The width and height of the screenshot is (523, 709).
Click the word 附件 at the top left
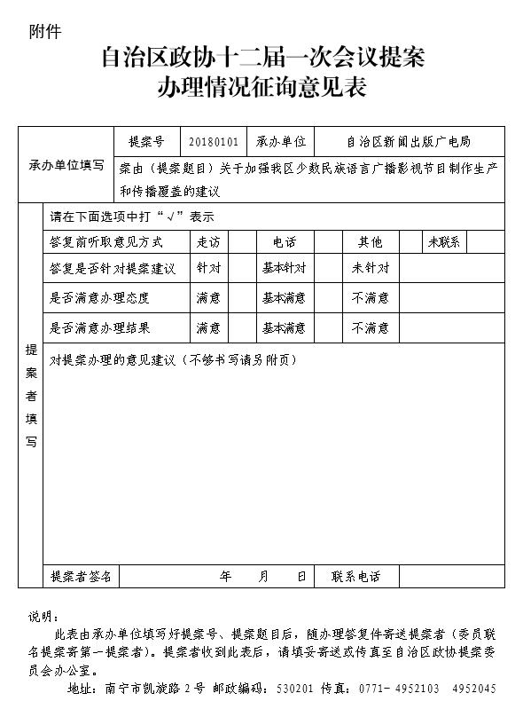pyautogui.click(x=45, y=32)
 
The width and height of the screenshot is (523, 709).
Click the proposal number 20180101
pyautogui.click(x=214, y=141)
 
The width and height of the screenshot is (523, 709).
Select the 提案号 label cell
pyautogui.click(x=147, y=141)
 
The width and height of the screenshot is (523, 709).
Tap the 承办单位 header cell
pyautogui.click(x=281, y=141)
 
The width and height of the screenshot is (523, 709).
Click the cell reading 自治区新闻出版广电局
pyautogui.click(x=409, y=141)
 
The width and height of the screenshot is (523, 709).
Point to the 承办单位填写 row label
pyautogui.click(x=66, y=165)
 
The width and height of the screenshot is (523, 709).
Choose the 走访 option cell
pyautogui.click(x=208, y=241)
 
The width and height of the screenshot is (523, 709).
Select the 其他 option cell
pyautogui.click(x=370, y=241)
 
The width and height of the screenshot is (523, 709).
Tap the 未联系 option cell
pyautogui.click(x=443, y=241)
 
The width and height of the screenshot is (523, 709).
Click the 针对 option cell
pyautogui.click(x=208, y=267)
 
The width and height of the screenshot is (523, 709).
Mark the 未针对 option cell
pyautogui.click(x=370, y=267)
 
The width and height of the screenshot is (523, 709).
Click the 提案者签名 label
pyautogui.click(x=81, y=576)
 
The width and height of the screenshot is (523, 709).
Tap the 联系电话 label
pyautogui.click(x=356, y=576)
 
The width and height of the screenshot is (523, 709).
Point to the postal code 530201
pyautogui.click(x=294, y=689)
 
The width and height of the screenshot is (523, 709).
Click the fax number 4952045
pyautogui.click(x=473, y=689)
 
